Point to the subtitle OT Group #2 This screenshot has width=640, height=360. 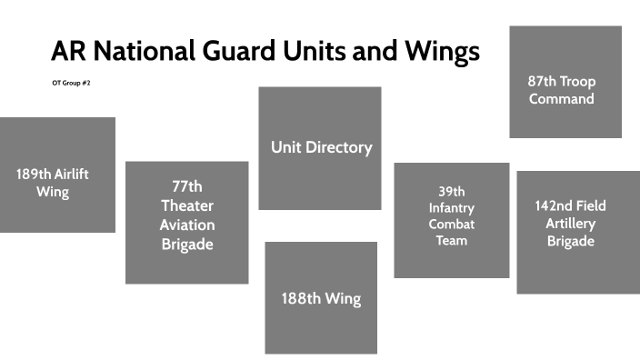point(72,84)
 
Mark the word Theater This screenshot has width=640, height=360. point(187,205)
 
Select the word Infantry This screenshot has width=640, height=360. point(452,207)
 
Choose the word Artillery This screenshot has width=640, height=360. point(571,224)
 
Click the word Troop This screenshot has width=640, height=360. point(578,82)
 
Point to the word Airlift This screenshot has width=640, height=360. point(65,175)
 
